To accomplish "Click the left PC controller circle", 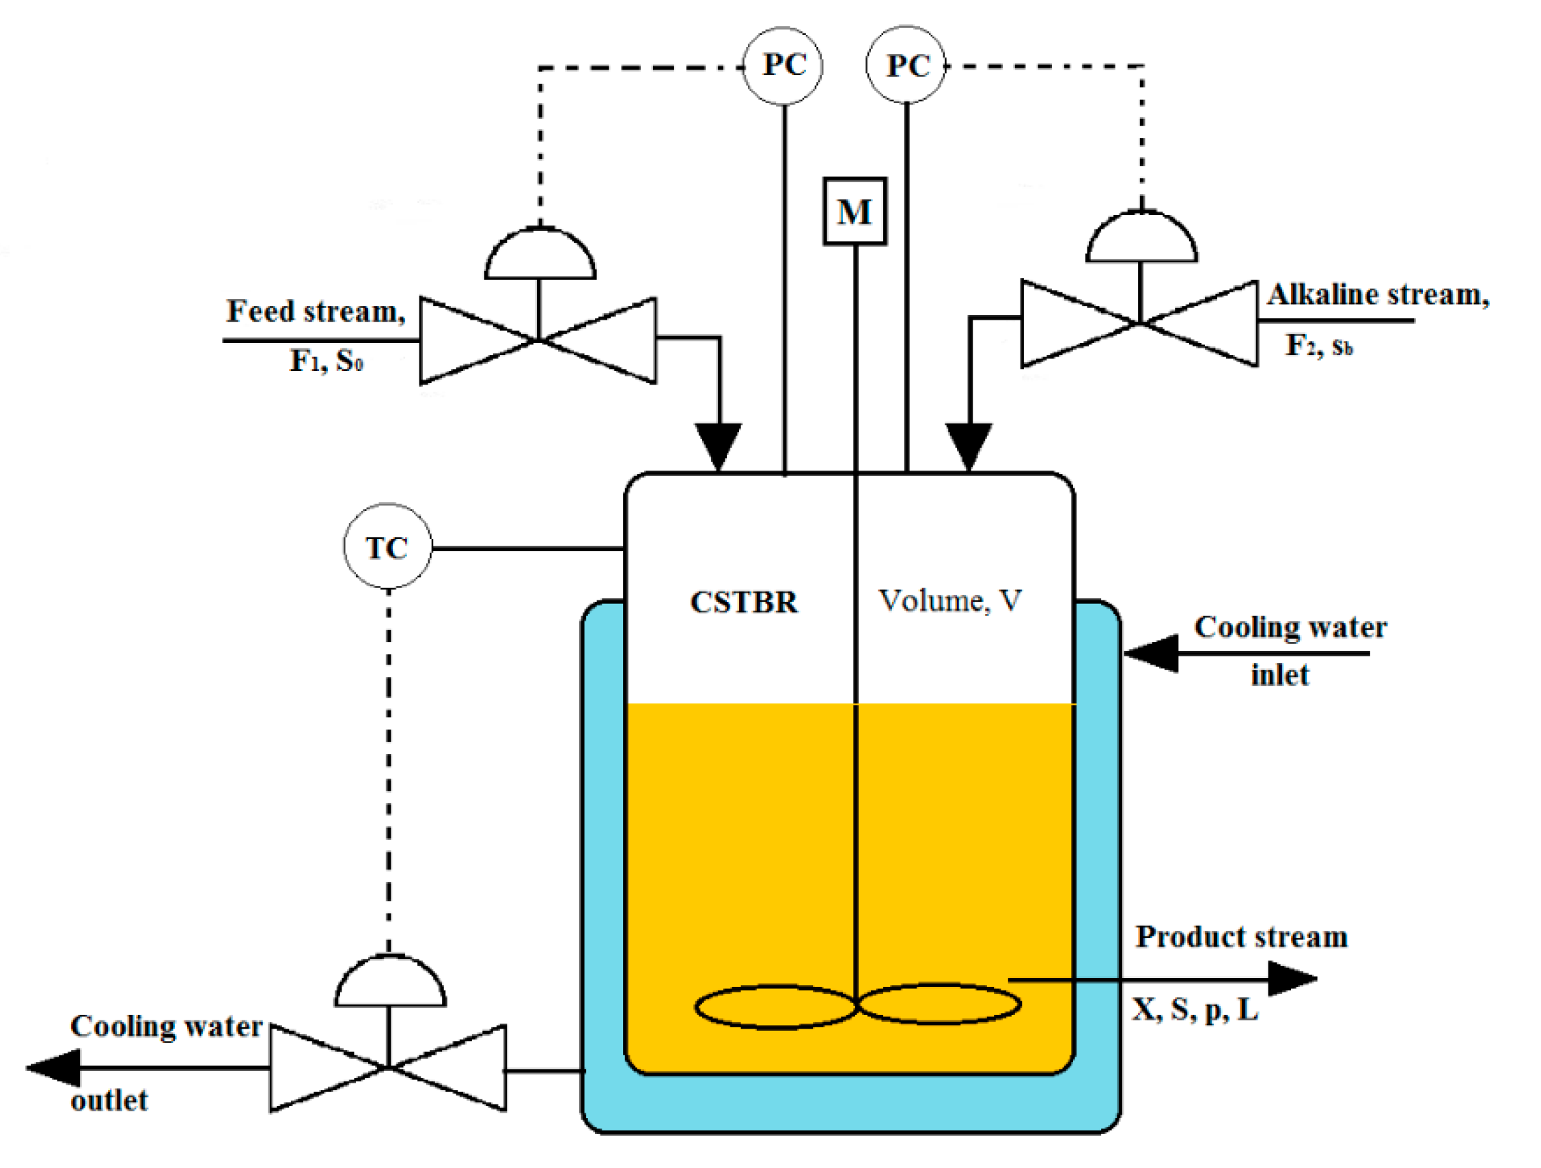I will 782,66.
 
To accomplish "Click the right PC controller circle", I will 905,66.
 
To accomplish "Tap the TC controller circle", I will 387,546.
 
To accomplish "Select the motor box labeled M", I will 854,211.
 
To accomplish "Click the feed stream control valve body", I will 537,340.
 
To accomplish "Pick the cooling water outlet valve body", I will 387,1067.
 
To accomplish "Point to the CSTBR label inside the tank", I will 743,602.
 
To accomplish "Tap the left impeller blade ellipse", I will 775,1006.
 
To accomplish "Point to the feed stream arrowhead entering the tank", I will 719,446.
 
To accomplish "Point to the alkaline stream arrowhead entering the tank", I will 968,446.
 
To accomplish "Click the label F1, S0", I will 326,361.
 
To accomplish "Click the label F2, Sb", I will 1318,346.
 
